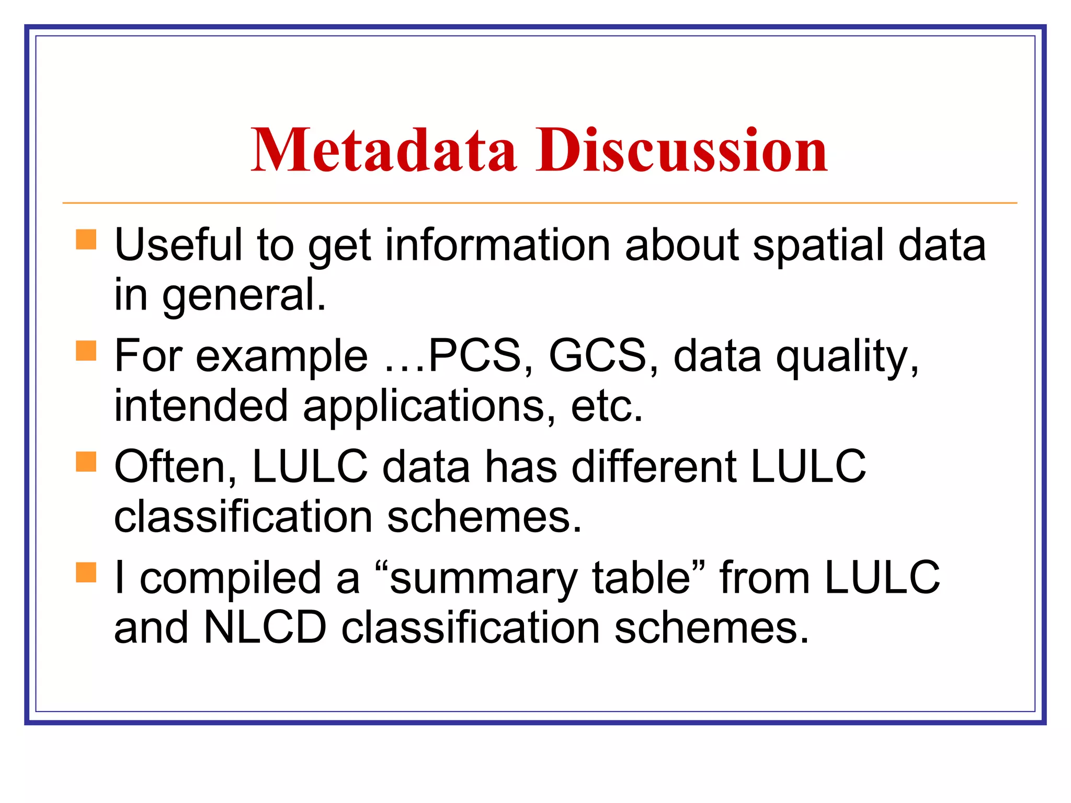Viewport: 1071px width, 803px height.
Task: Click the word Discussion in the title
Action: tap(681, 151)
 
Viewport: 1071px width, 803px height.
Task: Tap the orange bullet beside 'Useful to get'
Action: tap(86, 240)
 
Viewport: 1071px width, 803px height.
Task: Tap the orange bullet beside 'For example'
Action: tap(86, 351)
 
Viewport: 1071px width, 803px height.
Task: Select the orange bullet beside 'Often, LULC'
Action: tap(86, 462)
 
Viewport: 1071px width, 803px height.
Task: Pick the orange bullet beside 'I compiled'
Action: tap(86, 572)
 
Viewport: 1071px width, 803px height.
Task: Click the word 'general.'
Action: tap(244, 295)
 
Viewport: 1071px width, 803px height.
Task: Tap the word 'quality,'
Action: tap(847, 357)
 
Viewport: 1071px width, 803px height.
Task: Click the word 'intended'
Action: tap(201, 406)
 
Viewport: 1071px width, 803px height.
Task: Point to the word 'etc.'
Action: tap(607, 406)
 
